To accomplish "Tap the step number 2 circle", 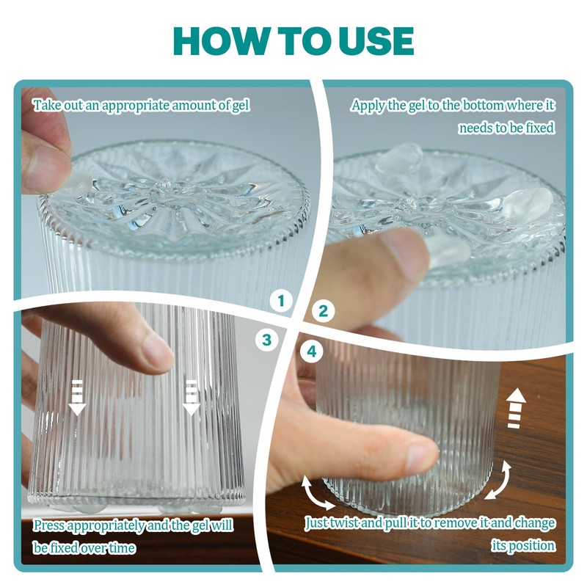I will coord(322,310).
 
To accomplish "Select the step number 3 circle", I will coord(266,339).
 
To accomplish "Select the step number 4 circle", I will coord(313,351).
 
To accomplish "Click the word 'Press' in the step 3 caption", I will coord(49,525).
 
